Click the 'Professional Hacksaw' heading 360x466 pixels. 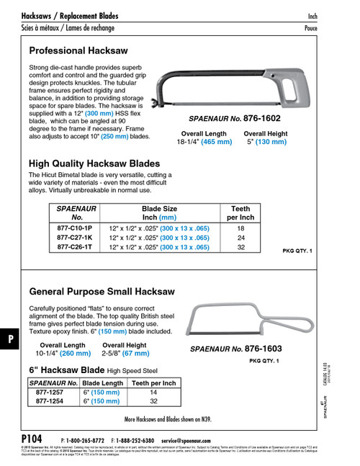click(x=78, y=51)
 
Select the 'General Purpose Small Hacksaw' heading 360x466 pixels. click(x=102, y=292)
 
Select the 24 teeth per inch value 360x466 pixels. click(x=240, y=237)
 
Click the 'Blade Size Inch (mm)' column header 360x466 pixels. click(x=159, y=212)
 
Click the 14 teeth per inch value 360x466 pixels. click(x=153, y=393)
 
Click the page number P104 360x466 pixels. click(x=32, y=439)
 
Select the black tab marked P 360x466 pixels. click(x=8, y=338)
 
